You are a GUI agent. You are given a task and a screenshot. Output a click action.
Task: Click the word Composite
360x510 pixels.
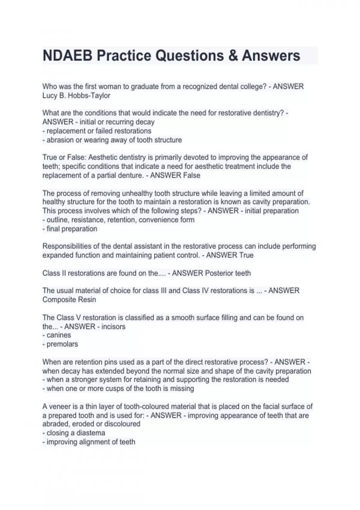[x=59, y=300]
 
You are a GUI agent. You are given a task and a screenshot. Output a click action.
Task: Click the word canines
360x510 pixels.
[x=59, y=335]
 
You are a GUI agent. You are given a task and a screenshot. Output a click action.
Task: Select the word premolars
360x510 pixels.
[x=62, y=344]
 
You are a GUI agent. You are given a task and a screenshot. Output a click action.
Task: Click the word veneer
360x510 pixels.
[x=61, y=406]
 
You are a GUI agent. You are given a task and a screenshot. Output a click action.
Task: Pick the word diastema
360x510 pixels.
[x=91, y=433]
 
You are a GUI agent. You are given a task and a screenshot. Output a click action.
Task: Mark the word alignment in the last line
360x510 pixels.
[x=98, y=442]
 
